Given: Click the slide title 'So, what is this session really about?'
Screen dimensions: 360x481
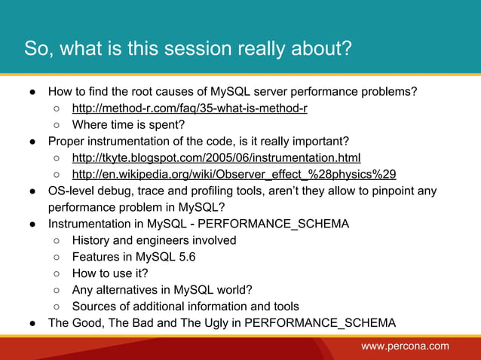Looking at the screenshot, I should point(188,49).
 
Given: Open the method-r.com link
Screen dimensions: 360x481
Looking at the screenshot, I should point(189,108).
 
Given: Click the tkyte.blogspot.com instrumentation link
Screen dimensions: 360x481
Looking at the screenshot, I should point(216,158).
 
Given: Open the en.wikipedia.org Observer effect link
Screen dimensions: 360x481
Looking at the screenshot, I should point(234,175).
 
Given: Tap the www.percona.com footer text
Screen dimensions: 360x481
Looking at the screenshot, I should point(405,346).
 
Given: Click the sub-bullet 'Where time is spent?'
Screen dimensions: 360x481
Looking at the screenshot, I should point(128,125).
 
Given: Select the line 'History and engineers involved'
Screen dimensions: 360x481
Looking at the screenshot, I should point(154,240).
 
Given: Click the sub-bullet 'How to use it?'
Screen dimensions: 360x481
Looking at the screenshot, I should point(110,273).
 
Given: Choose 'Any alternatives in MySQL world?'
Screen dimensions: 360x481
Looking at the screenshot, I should point(161,290).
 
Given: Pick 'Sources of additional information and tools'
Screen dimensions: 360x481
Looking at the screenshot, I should point(185,307).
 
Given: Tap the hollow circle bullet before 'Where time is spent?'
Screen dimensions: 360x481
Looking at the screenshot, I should point(57,125).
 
